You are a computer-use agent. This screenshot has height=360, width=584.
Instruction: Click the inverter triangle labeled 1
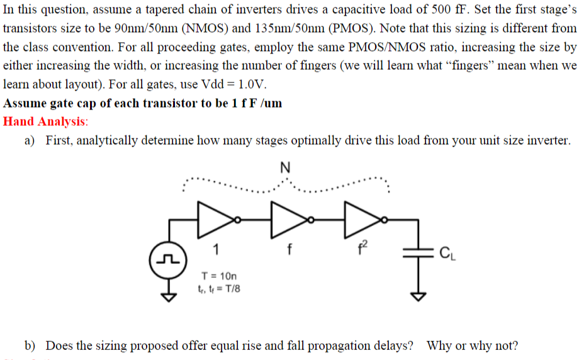coord(215,218)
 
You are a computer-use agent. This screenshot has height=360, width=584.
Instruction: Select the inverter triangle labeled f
coord(288,218)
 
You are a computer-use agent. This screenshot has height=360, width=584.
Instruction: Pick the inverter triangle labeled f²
coord(361,218)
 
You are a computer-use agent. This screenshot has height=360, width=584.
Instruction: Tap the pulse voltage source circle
coord(161,258)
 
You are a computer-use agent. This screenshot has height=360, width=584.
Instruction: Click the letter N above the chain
coord(284,168)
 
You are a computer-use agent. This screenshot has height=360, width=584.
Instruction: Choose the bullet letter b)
coord(30,345)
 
